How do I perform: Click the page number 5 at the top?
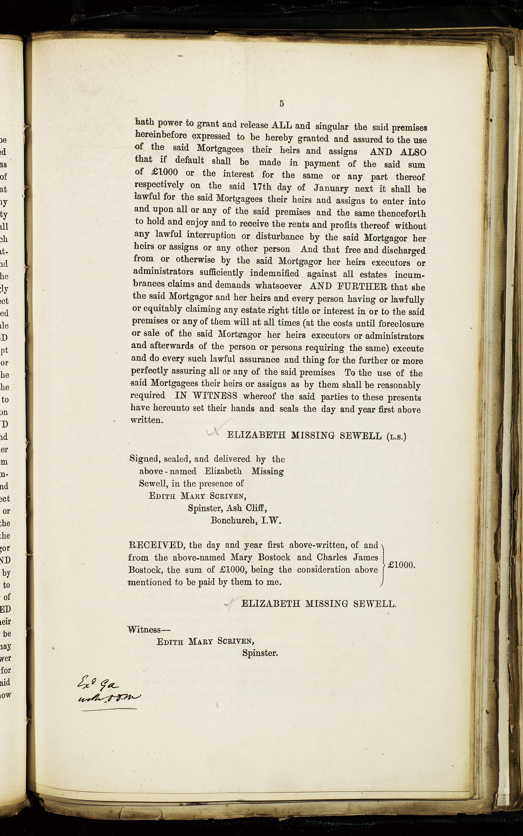pos(281,103)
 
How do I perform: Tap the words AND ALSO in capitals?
pos(398,152)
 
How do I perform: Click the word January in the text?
pos(331,188)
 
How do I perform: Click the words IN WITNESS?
pos(206,395)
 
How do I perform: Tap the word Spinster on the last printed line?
pos(260,653)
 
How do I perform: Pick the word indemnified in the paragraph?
pos(274,273)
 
